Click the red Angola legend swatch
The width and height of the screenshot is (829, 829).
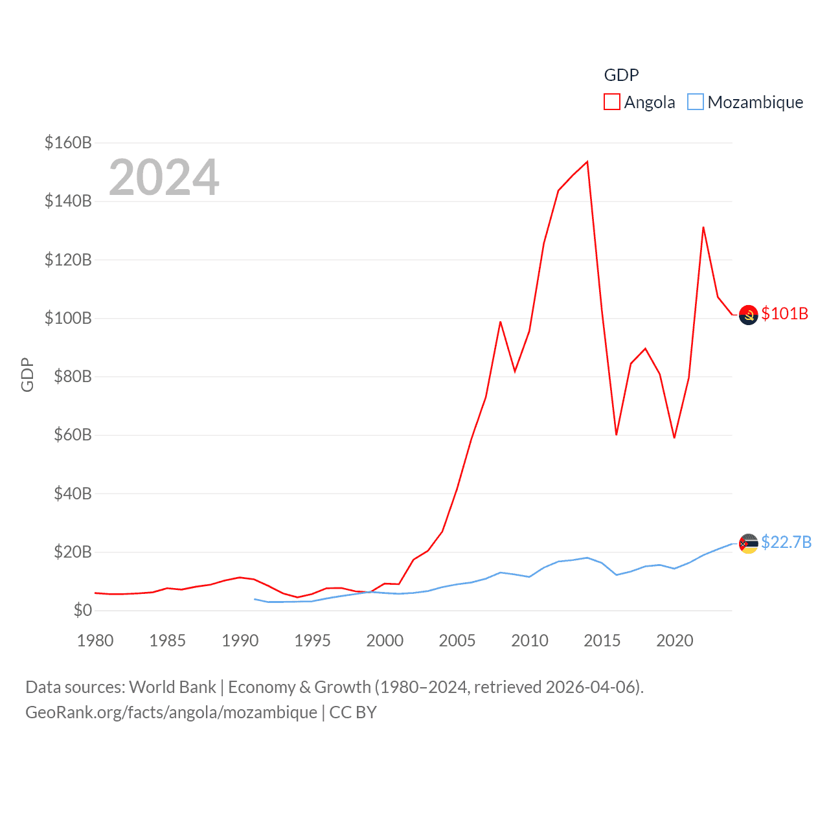tap(612, 102)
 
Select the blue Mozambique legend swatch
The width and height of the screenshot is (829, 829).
tap(695, 102)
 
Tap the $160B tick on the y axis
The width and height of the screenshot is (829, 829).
tap(68, 142)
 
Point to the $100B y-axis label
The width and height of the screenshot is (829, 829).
tap(68, 318)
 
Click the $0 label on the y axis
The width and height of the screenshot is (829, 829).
tap(82, 610)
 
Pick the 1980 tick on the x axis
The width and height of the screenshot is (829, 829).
tap(95, 641)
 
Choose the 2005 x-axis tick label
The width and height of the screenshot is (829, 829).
tap(457, 641)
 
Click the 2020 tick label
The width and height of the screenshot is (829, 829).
tap(675, 641)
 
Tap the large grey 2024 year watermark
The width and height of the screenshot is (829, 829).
tap(164, 177)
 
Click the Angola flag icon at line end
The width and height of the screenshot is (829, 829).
tap(748, 315)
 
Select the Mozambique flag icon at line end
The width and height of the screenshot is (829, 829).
tap(748, 543)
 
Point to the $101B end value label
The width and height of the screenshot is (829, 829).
tap(785, 313)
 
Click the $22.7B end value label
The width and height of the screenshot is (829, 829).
tap(786, 542)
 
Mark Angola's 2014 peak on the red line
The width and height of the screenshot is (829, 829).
tap(587, 162)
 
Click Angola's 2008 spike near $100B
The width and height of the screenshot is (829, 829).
tap(501, 322)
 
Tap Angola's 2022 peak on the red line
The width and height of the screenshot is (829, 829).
tap(703, 227)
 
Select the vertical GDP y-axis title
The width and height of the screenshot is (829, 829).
tap(27, 374)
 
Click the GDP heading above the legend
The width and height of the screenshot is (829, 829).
tap(621, 75)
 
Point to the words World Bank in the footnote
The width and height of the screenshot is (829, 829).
tap(172, 687)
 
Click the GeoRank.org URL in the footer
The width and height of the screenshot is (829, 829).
tap(171, 712)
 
